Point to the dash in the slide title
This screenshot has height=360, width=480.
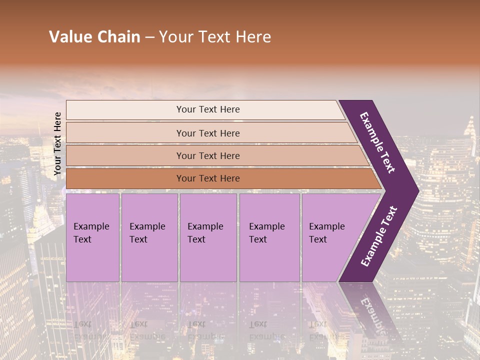point(149,37)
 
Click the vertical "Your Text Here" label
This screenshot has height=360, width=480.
point(57,143)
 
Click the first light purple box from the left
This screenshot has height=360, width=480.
point(92,237)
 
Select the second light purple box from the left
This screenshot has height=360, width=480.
point(149,237)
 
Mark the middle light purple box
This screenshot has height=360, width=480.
point(208,237)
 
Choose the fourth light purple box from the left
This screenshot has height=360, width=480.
point(269,237)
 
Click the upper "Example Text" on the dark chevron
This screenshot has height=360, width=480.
point(377,142)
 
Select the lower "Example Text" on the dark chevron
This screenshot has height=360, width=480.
point(379,236)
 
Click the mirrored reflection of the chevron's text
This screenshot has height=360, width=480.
point(372,312)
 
